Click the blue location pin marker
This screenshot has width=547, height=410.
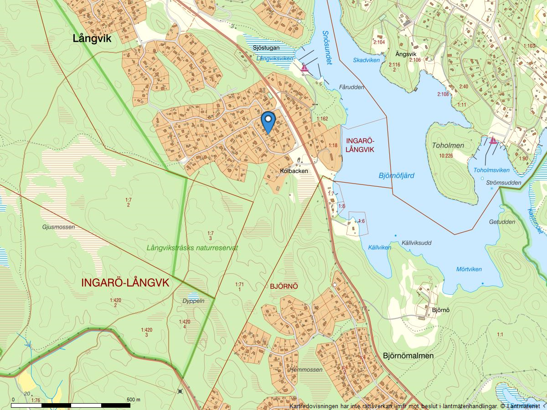pyautogui.click(x=268, y=121)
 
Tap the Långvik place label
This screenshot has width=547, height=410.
pyautogui.click(x=92, y=39)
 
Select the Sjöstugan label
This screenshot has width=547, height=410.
pyautogui.click(x=266, y=48)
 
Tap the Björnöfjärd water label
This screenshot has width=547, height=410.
pyautogui.click(x=396, y=175)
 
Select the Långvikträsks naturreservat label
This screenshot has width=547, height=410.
pyautogui.click(x=192, y=248)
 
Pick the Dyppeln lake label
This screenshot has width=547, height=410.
pyautogui.click(x=193, y=301)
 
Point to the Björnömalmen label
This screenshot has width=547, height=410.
pyautogui.click(x=408, y=355)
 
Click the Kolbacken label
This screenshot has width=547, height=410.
pyautogui.click(x=294, y=171)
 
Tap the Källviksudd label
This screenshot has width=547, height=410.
pyautogui.click(x=417, y=243)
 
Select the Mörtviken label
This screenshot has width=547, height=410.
pyautogui.click(x=469, y=269)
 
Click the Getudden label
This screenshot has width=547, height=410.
pyautogui.click(x=502, y=222)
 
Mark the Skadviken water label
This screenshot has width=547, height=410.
pyautogui.click(x=366, y=60)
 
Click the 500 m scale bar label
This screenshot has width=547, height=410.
pyautogui.click(x=133, y=400)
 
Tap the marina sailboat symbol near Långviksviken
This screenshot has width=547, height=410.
pyautogui.click(x=304, y=68)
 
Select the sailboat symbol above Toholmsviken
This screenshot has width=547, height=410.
pyautogui.click(x=493, y=140)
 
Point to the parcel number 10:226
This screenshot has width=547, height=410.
pyautogui.click(x=446, y=155)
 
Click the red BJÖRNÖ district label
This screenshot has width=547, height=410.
pyautogui.click(x=284, y=286)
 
